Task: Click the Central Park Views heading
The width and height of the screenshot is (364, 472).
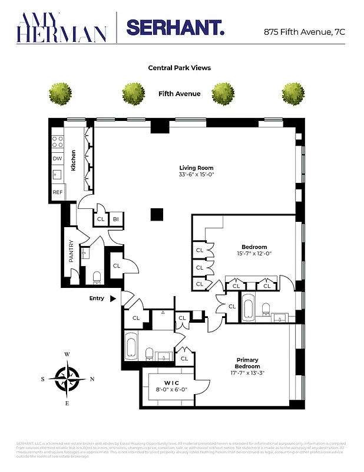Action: pos(179,68)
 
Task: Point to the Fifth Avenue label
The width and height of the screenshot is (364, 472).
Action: pos(179,94)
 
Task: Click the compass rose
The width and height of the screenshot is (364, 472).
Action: pos(67,378)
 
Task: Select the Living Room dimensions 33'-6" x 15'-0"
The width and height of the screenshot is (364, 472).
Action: pos(196,175)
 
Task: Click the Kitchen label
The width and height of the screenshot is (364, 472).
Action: pos(74,160)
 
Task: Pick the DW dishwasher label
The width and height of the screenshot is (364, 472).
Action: pos(57,159)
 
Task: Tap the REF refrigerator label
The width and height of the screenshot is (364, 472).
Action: pos(57,192)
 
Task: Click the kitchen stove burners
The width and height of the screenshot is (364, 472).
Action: pos(58,142)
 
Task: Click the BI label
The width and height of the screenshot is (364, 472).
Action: pos(116,219)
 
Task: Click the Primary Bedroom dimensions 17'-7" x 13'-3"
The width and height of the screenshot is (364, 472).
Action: pos(247,372)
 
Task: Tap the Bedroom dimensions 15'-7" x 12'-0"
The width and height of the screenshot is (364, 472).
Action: pos(254,254)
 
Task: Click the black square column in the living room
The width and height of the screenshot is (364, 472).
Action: pos(156,214)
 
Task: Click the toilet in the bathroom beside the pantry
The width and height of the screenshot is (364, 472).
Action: pos(97,277)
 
